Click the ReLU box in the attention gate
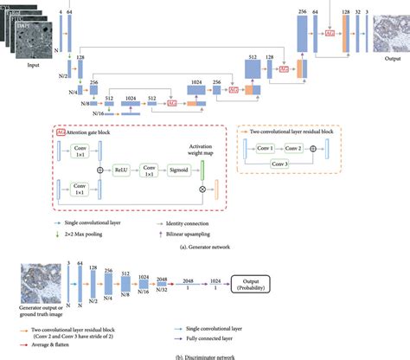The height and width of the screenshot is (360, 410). pos(121,171)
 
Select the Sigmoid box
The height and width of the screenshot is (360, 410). pos(183,171)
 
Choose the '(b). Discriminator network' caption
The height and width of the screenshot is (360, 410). pos(204,356)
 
